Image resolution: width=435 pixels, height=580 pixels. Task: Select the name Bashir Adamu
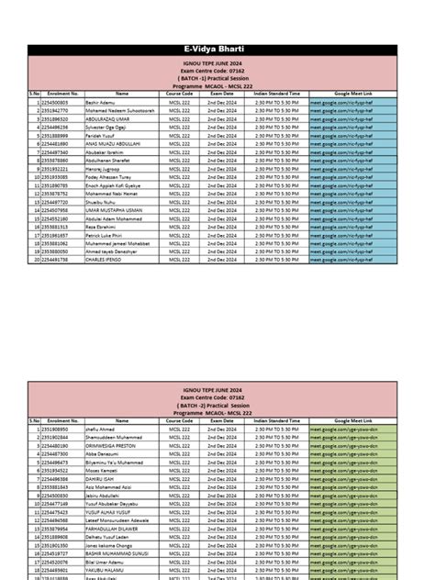point(104,101)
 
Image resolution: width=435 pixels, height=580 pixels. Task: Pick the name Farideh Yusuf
point(103,135)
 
